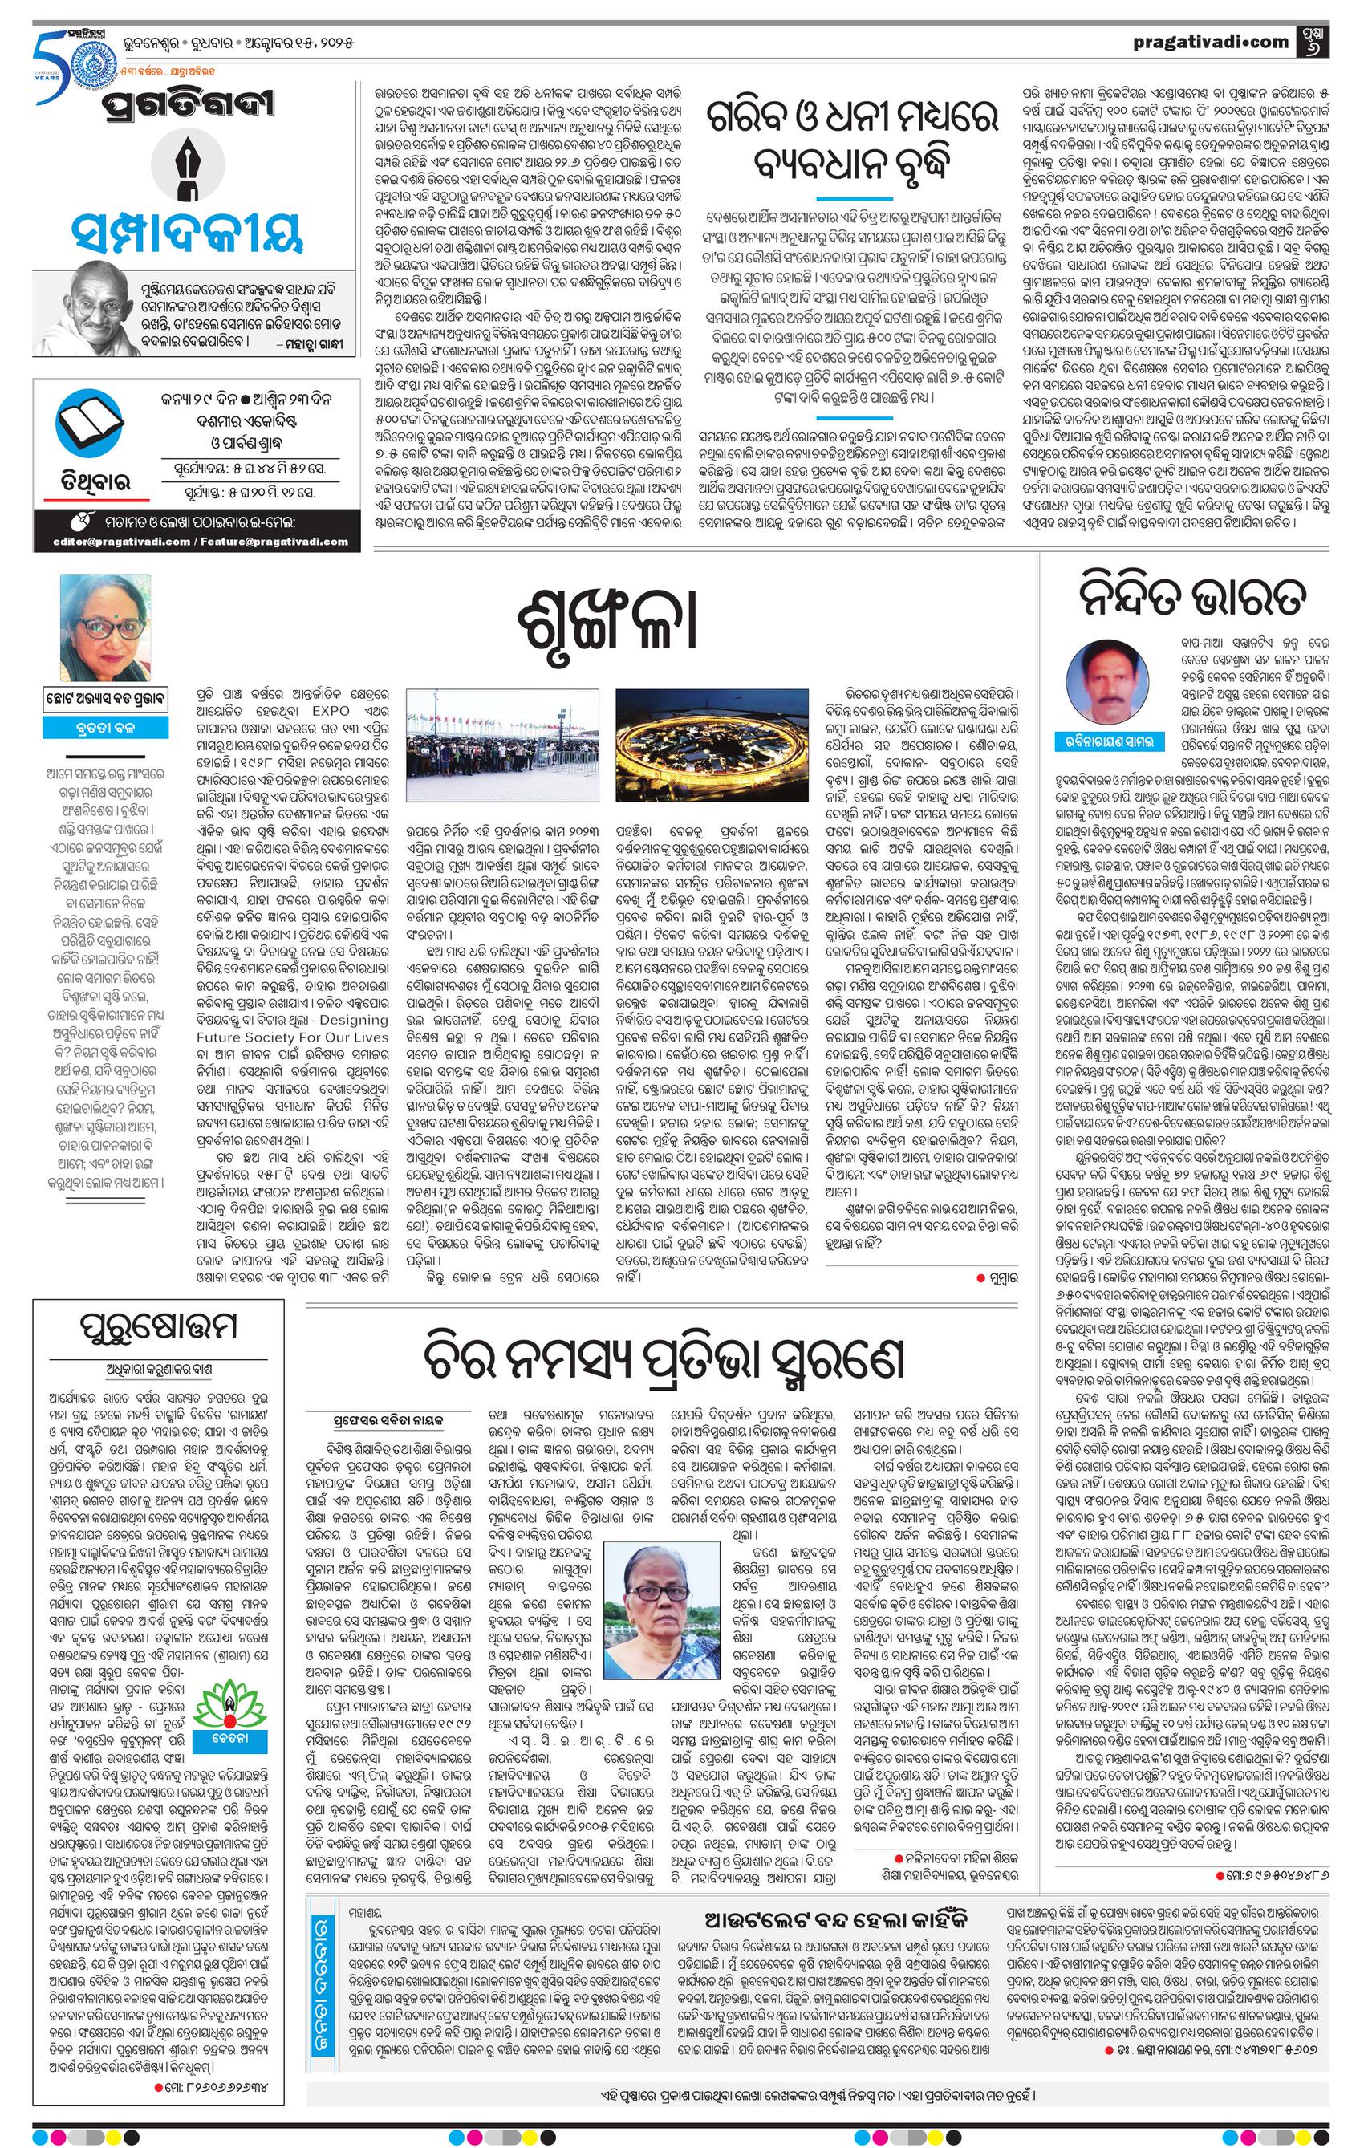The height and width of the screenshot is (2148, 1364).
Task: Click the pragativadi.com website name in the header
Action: click(x=1211, y=41)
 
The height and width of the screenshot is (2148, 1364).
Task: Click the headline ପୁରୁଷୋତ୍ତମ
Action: click(x=158, y=1326)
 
